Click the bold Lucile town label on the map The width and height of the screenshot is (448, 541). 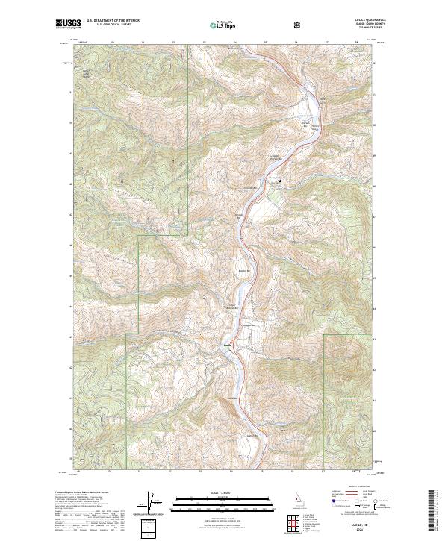pyautogui.click(x=228, y=345)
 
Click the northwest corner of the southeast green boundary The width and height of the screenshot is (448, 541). pyautogui.click(x=323, y=335)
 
